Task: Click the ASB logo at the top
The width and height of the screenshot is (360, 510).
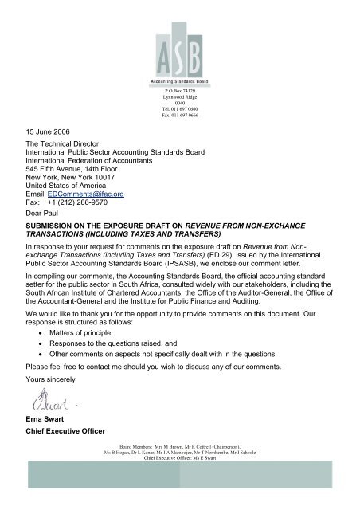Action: (x=179, y=43)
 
